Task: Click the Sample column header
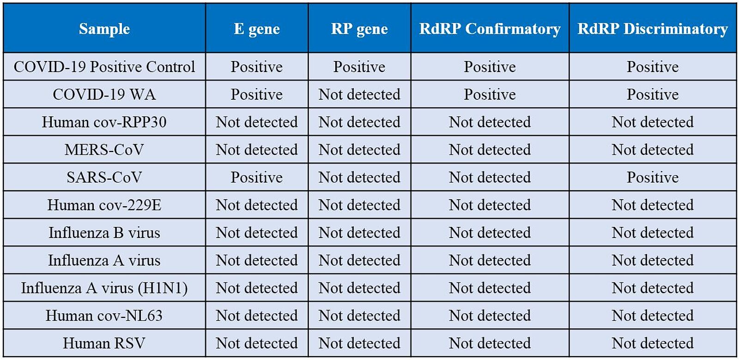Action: pos(104,29)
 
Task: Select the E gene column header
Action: pos(257,29)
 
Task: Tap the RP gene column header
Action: pos(359,29)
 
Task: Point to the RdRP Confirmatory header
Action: pos(490,29)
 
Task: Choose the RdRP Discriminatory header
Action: pos(653,29)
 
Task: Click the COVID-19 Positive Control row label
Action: pos(104,67)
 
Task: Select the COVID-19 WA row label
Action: pos(104,94)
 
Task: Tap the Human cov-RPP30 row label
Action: pos(104,122)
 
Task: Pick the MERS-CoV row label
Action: pos(104,150)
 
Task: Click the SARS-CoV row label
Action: pos(104,177)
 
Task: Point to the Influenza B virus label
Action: pos(104,232)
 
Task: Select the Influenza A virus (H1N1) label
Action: pos(104,288)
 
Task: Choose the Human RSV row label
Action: pos(104,343)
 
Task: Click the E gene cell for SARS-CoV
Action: pos(257,177)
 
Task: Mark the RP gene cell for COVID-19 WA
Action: pos(359,94)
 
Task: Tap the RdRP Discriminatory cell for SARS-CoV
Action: pos(653,177)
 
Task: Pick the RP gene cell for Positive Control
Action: pos(359,67)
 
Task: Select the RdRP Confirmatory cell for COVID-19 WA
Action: pos(490,94)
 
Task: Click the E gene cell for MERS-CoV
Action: pos(257,150)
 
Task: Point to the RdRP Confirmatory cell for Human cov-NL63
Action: pos(490,316)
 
